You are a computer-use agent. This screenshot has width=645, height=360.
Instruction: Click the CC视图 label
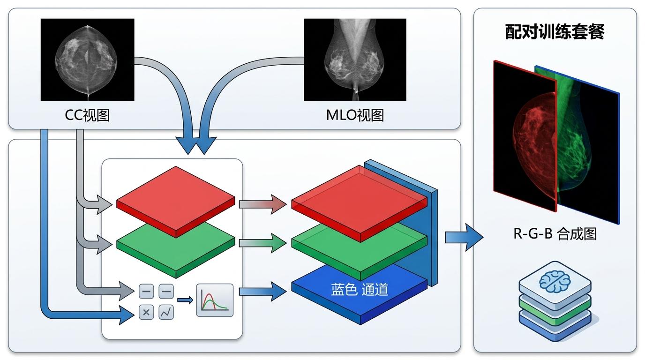(x=87, y=115)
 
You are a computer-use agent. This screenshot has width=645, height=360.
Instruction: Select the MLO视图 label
(x=355, y=115)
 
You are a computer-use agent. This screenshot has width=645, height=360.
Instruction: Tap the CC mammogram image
(x=87, y=60)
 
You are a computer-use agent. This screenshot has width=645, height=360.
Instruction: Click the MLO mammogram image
(x=355, y=60)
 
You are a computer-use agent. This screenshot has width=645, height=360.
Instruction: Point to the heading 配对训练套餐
(x=555, y=32)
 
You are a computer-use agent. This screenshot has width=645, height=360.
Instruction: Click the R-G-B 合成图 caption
(x=555, y=233)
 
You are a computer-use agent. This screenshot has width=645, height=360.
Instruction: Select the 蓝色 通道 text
(x=360, y=289)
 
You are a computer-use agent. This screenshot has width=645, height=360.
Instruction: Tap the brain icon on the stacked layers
(x=555, y=280)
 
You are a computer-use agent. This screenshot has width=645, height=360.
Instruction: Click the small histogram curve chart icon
(x=215, y=300)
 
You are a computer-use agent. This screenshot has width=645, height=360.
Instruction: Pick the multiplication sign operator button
(x=146, y=312)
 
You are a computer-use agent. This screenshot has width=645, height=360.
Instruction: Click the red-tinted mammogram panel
(x=524, y=136)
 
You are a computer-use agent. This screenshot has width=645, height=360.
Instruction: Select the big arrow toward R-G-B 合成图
(x=464, y=237)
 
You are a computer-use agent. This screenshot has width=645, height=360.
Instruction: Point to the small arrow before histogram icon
(x=185, y=300)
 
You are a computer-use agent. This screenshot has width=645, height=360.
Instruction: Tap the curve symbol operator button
(x=166, y=312)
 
